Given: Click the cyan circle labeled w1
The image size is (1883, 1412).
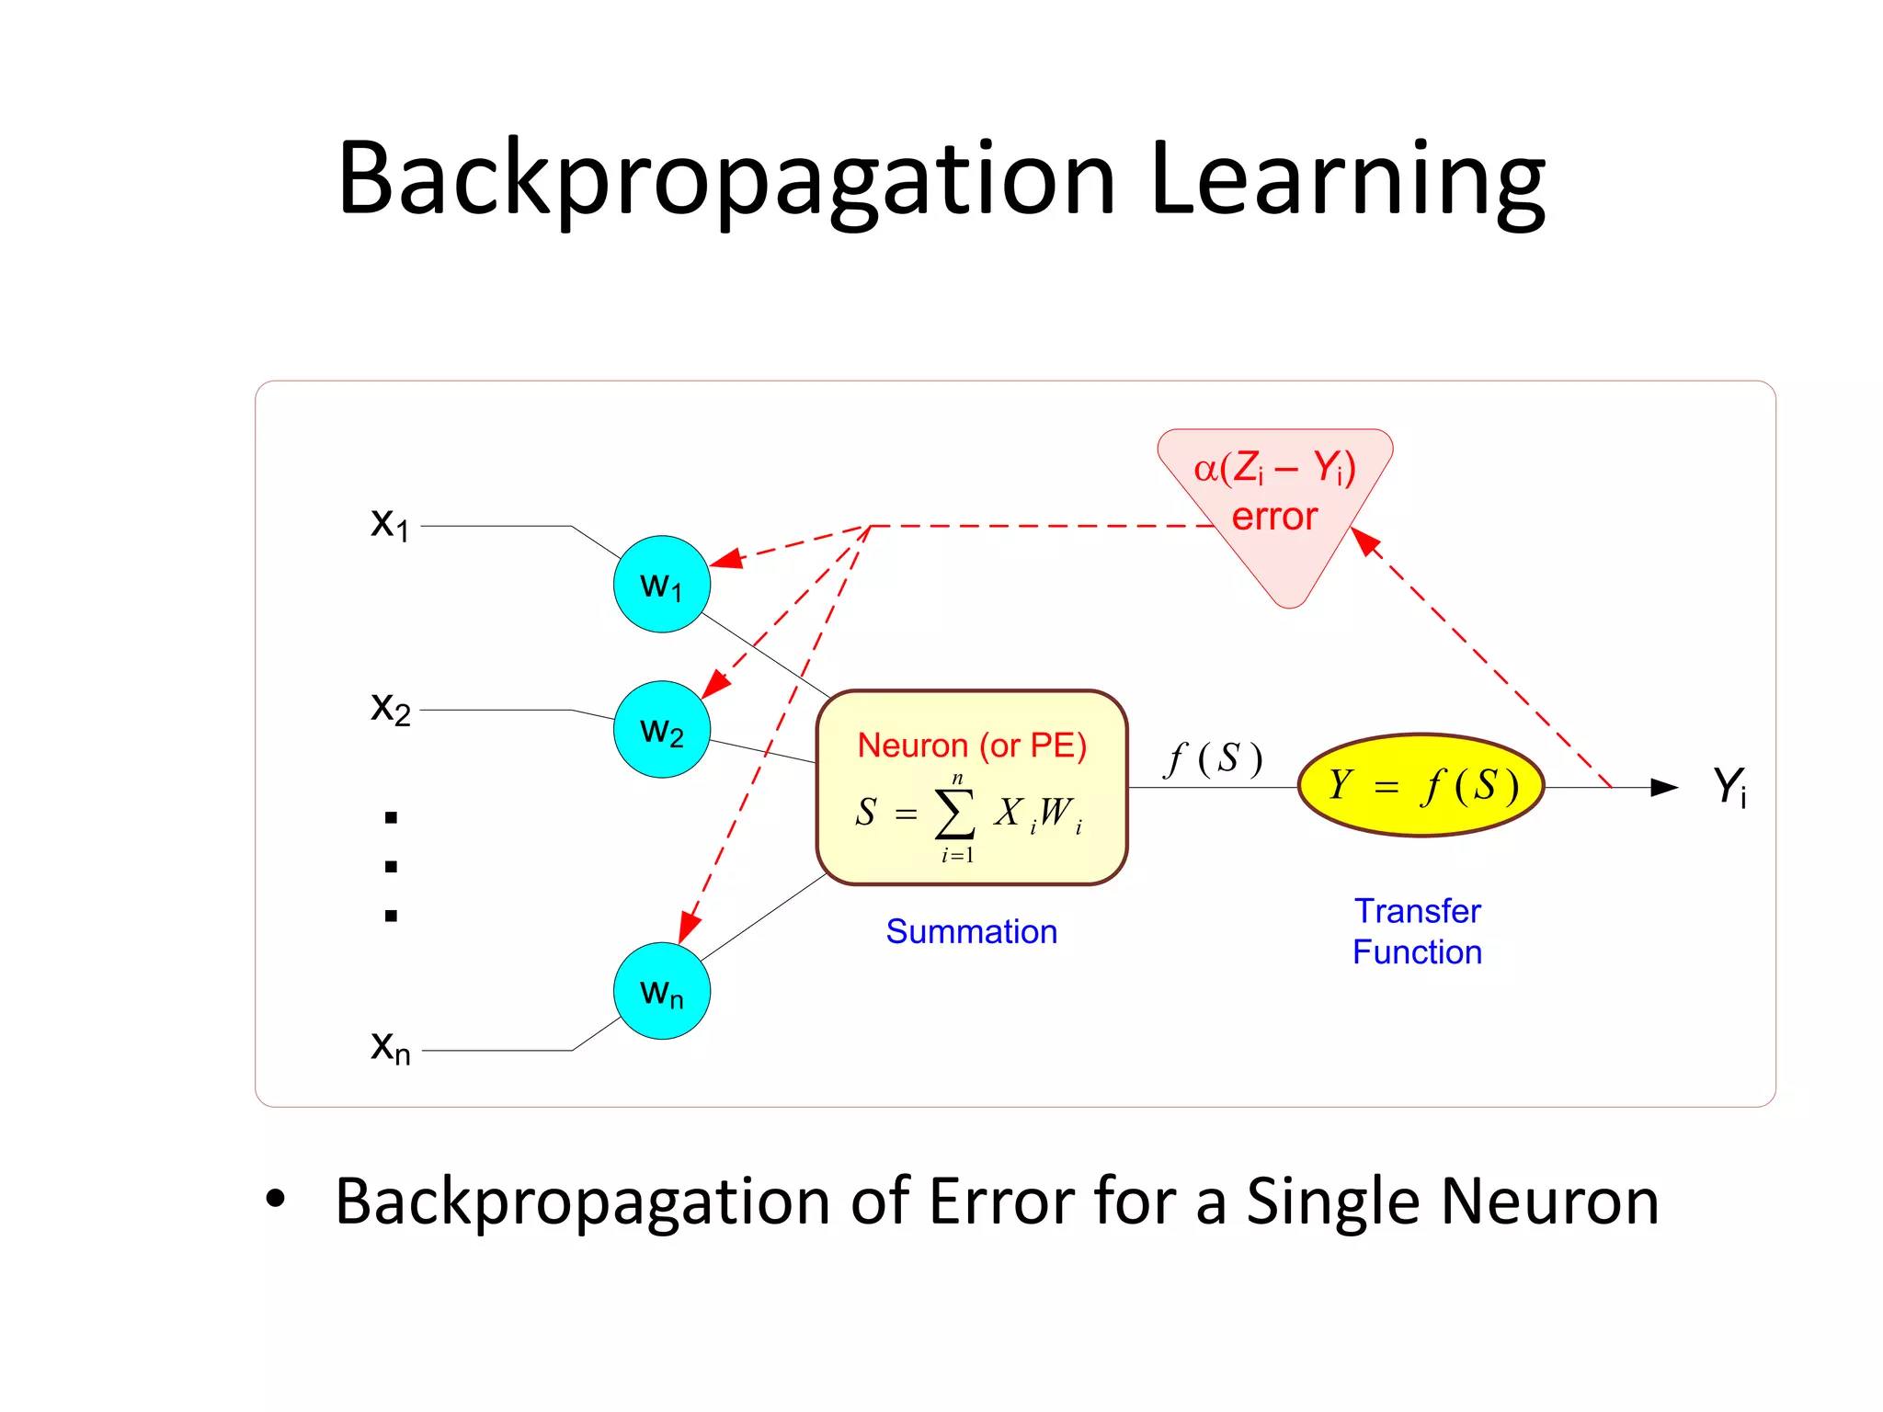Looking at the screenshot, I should click(661, 584).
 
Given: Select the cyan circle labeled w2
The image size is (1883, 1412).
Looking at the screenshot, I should click(661, 729).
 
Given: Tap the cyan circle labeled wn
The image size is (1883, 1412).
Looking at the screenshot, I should click(661, 991).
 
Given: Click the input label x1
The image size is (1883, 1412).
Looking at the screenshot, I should click(390, 523).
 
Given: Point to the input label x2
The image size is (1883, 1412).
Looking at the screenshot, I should click(390, 708).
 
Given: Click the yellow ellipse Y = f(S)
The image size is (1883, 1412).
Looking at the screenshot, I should click(1421, 785).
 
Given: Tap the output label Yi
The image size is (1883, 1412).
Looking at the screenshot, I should click(1729, 787).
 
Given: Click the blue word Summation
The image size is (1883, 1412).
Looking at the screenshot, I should click(971, 931).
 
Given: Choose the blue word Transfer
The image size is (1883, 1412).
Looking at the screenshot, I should click(1417, 911).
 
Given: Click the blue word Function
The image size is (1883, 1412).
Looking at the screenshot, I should click(1417, 952).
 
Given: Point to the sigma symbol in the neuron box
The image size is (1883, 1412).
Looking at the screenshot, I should click(955, 814).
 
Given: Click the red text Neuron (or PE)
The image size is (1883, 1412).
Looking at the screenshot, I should click(972, 745).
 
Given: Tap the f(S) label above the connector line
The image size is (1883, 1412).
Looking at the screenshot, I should click(1214, 759).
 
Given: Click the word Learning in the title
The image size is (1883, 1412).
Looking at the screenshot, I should click(1347, 179).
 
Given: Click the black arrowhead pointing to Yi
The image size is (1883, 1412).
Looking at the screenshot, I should click(1664, 787).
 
